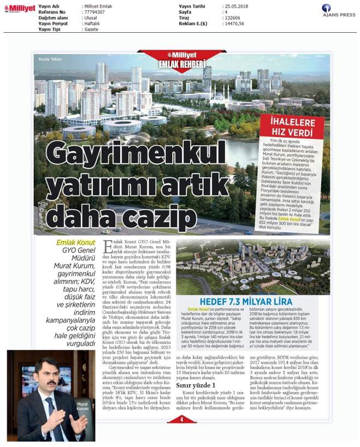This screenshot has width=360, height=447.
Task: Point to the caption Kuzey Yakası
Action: pos(50,59)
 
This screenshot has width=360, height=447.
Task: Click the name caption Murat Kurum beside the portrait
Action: pos(82,407)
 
